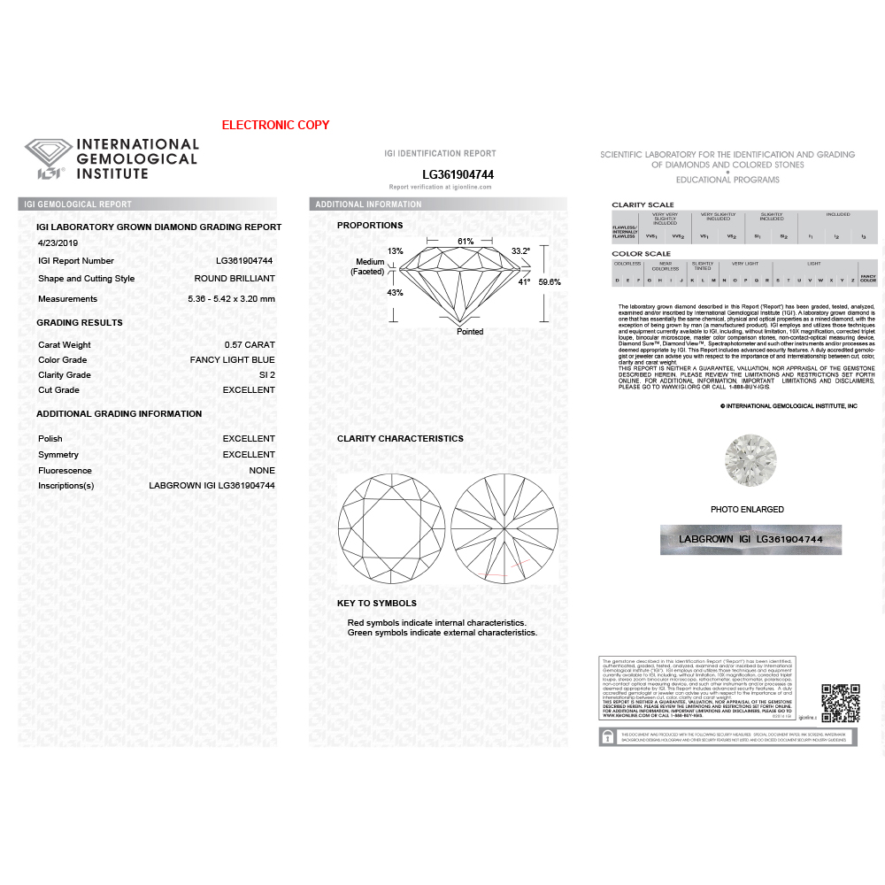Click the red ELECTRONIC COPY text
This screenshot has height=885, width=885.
coord(275,125)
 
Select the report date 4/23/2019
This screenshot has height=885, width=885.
coord(58,242)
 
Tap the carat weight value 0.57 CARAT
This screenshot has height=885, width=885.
coord(250,344)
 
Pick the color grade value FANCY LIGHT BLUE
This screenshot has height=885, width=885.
coord(232,360)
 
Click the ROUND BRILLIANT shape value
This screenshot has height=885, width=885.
coord(235,279)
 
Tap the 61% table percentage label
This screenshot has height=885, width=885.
coord(466,242)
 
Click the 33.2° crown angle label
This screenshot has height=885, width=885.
coord(521,251)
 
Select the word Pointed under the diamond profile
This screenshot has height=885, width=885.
coord(470,332)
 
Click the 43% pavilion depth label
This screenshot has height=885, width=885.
coord(370,293)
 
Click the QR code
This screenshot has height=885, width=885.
coord(840,703)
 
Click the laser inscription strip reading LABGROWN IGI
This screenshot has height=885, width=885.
coord(750,539)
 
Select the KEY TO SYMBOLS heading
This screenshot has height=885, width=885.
coord(377,604)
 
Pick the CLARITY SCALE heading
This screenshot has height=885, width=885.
coord(643,204)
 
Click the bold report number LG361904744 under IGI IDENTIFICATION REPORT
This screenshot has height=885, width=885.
coord(458,175)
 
